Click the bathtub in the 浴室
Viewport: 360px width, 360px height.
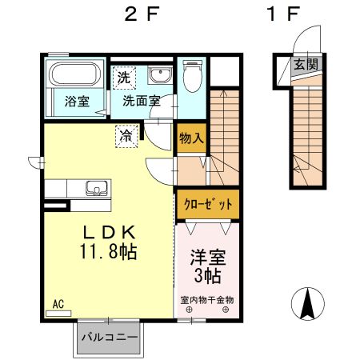pyautogui.click(x=75, y=74)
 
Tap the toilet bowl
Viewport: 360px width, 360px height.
pyautogui.click(x=192, y=76)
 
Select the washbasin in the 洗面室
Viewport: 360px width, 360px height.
pyautogui.click(x=160, y=75)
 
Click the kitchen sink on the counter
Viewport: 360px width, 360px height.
pyautogui.click(x=97, y=188)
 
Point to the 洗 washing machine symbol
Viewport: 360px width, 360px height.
pyautogui.click(x=124, y=78)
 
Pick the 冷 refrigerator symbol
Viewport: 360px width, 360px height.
pyautogui.click(x=126, y=136)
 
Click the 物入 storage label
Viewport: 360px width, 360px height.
pyautogui.click(x=191, y=138)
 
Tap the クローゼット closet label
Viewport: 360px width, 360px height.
pyautogui.click(x=208, y=205)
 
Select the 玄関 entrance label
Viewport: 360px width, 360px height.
pyautogui.click(x=306, y=64)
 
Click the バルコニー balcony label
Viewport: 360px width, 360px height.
pyautogui.click(x=110, y=338)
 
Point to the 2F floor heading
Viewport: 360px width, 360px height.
pyautogui.click(x=142, y=14)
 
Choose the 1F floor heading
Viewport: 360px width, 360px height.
pyautogui.click(x=283, y=14)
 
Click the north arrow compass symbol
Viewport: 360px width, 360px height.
pyautogui.click(x=308, y=304)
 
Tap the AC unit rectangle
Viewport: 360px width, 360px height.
pyautogui.click(x=58, y=314)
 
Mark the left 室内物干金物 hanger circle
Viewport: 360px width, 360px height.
pyautogui.click(x=189, y=310)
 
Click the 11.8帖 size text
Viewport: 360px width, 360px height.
pyautogui.click(x=109, y=251)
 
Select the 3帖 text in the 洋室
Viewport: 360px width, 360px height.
pyautogui.click(x=207, y=276)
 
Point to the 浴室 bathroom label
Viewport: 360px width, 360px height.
pyautogui.click(x=77, y=102)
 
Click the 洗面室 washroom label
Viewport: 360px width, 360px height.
pyautogui.click(x=142, y=101)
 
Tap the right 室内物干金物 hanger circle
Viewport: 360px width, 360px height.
pyautogui.click(x=226, y=310)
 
